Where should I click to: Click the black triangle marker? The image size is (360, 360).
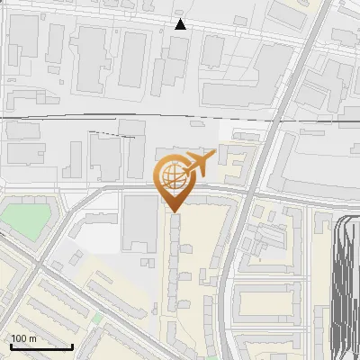(180, 24)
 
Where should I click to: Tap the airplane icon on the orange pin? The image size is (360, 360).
(198, 164)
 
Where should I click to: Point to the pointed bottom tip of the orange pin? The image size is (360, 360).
(173, 211)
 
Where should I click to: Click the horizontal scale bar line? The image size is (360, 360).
(41, 347)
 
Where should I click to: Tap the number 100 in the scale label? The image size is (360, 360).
(20, 339)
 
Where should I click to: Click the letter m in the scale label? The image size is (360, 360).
(32, 339)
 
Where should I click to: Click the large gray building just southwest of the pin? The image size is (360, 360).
(139, 220)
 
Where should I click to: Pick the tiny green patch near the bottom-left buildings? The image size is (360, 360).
(96, 318)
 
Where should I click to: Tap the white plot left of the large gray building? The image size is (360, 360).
(106, 236)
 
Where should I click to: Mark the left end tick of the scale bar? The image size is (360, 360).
(11, 346)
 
